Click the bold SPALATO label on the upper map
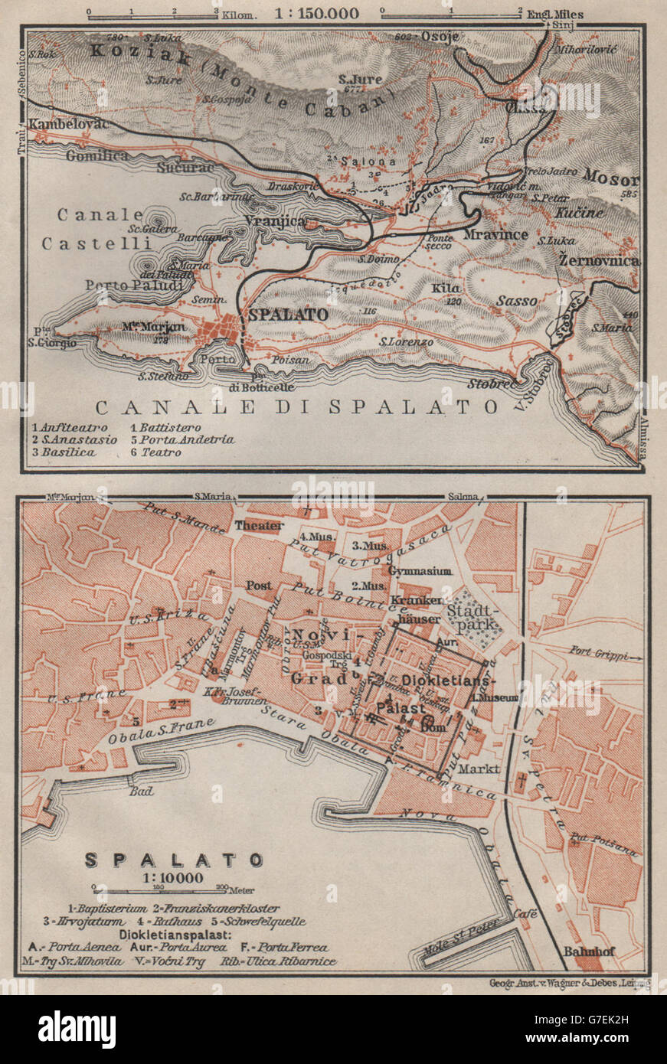[x=287, y=315]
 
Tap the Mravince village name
[x=496, y=233]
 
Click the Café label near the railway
[x=525, y=913]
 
